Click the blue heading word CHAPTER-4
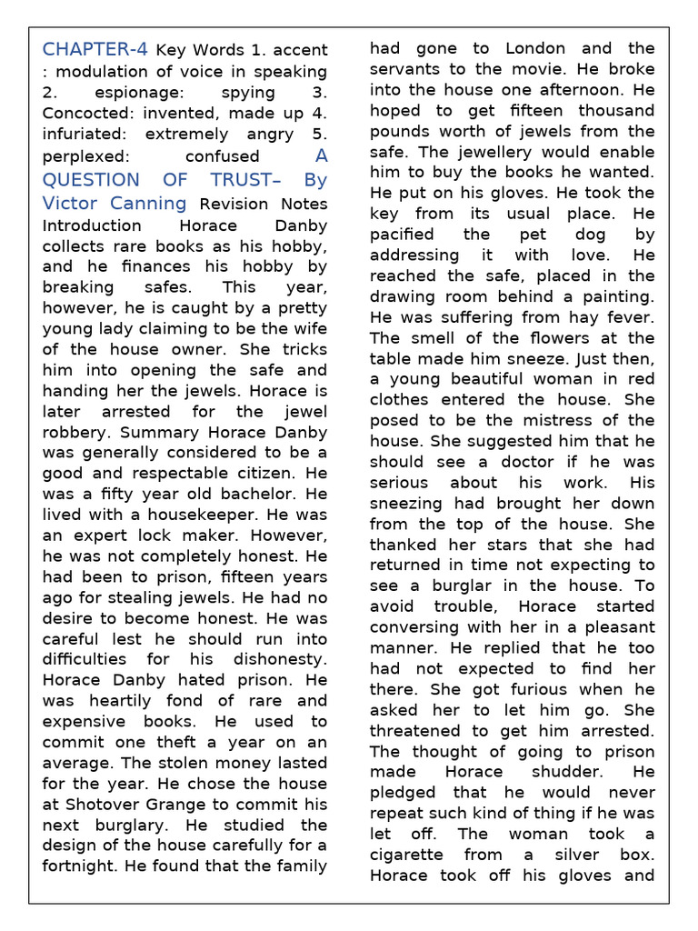95,49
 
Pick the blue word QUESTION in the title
91,179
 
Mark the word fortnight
82,866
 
